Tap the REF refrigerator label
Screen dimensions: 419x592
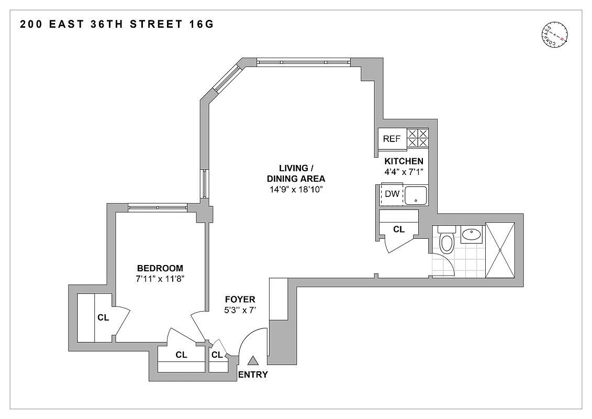(x=392, y=139)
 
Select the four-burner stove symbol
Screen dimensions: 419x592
(x=418, y=138)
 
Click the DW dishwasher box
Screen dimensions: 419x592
(x=392, y=194)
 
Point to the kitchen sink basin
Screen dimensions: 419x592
(x=416, y=195)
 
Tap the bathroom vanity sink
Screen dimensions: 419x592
(x=473, y=234)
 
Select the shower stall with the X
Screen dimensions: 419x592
(x=500, y=250)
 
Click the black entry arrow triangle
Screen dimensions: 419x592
(x=253, y=360)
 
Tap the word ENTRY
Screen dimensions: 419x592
(x=253, y=374)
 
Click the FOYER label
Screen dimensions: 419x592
(x=240, y=300)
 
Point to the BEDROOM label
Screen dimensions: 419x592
(x=160, y=268)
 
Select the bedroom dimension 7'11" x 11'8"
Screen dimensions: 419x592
(x=160, y=279)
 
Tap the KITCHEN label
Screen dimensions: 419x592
(x=404, y=161)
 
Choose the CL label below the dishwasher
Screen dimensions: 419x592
(x=399, y=229)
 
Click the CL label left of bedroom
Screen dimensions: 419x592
(x=103, y=317)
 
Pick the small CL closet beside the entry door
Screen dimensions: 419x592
(x=217, y=355)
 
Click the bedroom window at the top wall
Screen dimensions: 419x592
(x=158, y=208)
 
